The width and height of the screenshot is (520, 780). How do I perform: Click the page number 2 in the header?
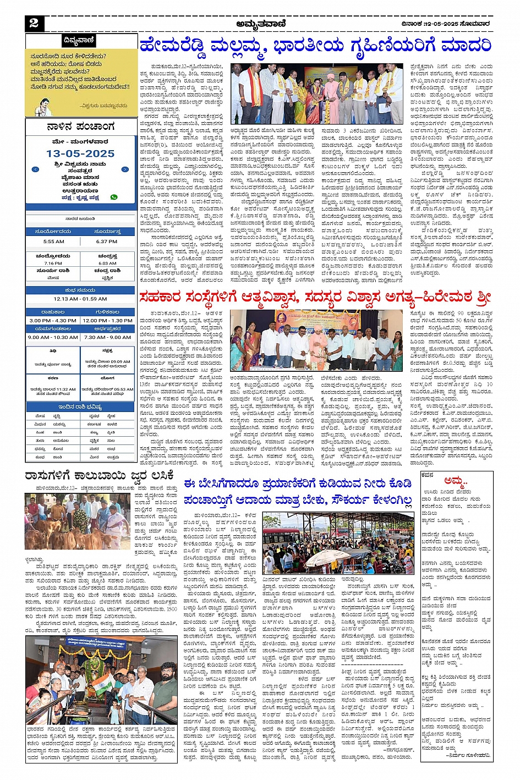point(34,23)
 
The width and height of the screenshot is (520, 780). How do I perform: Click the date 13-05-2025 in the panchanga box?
point(80,153)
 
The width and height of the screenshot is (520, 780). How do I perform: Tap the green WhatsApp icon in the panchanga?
point(114,197)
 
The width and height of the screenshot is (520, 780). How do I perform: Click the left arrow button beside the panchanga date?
point(36,169)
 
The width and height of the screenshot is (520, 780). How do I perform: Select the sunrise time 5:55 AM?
point(53,241)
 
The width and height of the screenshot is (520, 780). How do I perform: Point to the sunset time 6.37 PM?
point(107,241)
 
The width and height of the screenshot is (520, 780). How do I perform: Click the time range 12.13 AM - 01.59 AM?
point(80,299)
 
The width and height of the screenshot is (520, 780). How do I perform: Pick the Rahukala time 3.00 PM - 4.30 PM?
point(53,320)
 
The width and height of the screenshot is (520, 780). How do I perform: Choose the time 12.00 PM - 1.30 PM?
point(107,320)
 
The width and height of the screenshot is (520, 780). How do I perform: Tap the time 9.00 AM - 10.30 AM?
point(53,337)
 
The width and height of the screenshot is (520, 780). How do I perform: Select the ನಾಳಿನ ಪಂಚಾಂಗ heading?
point(80,127)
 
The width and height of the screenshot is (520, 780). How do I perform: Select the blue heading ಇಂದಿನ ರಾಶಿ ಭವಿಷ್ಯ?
point(80,407)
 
